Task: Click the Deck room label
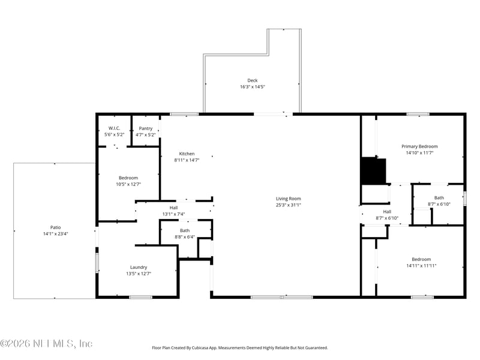click(252, 80)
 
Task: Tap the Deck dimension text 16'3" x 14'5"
click(252, 87)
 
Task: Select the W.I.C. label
click(114, 128)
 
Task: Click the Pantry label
click(146, 128)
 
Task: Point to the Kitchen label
click(187, 154)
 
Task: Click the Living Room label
click(288, 199)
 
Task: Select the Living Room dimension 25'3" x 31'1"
click(288, 205)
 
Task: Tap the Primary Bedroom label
click(419, 146)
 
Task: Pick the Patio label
click(55, 227)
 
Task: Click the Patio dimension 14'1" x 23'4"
click(55, 234)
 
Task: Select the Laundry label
click(139, 267)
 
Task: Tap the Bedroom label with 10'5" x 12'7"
click(128, 178)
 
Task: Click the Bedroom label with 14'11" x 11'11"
click(421, 259)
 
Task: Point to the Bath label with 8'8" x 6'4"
click(185, 230)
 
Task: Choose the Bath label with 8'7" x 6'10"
click(439, 197)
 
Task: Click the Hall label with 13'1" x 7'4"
click(173, 208)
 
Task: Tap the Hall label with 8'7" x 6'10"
click(387, 211)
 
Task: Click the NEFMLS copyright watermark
click(46, 344)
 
